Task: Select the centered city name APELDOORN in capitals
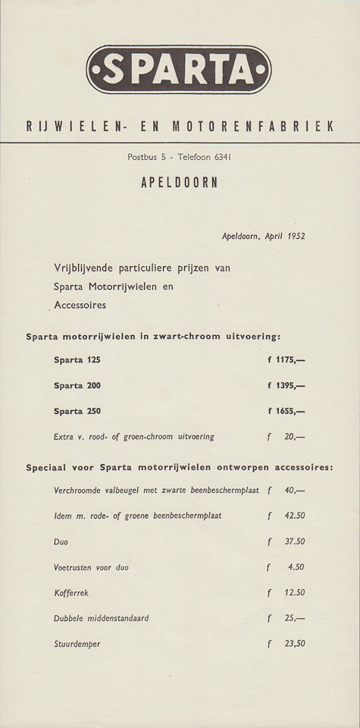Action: pyautogui.click(x=179, y=183)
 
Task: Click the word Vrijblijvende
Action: pyautogui.click(x=87, y=268)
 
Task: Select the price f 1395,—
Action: pyautogui.click(x=286, y=385)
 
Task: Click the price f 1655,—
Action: pyautogui.click(x=286, y=411)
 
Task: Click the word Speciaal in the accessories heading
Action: pyautogui.click(x=50, y=467)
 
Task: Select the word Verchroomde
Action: pyautogui.click(x=84, y=490)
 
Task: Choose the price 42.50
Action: pyautogui.click(x=294, y=516)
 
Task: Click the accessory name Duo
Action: pyautogui.click(x=61, y=541)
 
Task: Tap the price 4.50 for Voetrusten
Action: pyautogui.click(x=296, y=566)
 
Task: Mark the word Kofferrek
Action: pyautogui.click(x=71, y=592)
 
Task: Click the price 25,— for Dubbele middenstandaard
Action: pyautogui.click(x=294, y=618)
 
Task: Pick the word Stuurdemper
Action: pyautogui.click(x=77, y=644)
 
